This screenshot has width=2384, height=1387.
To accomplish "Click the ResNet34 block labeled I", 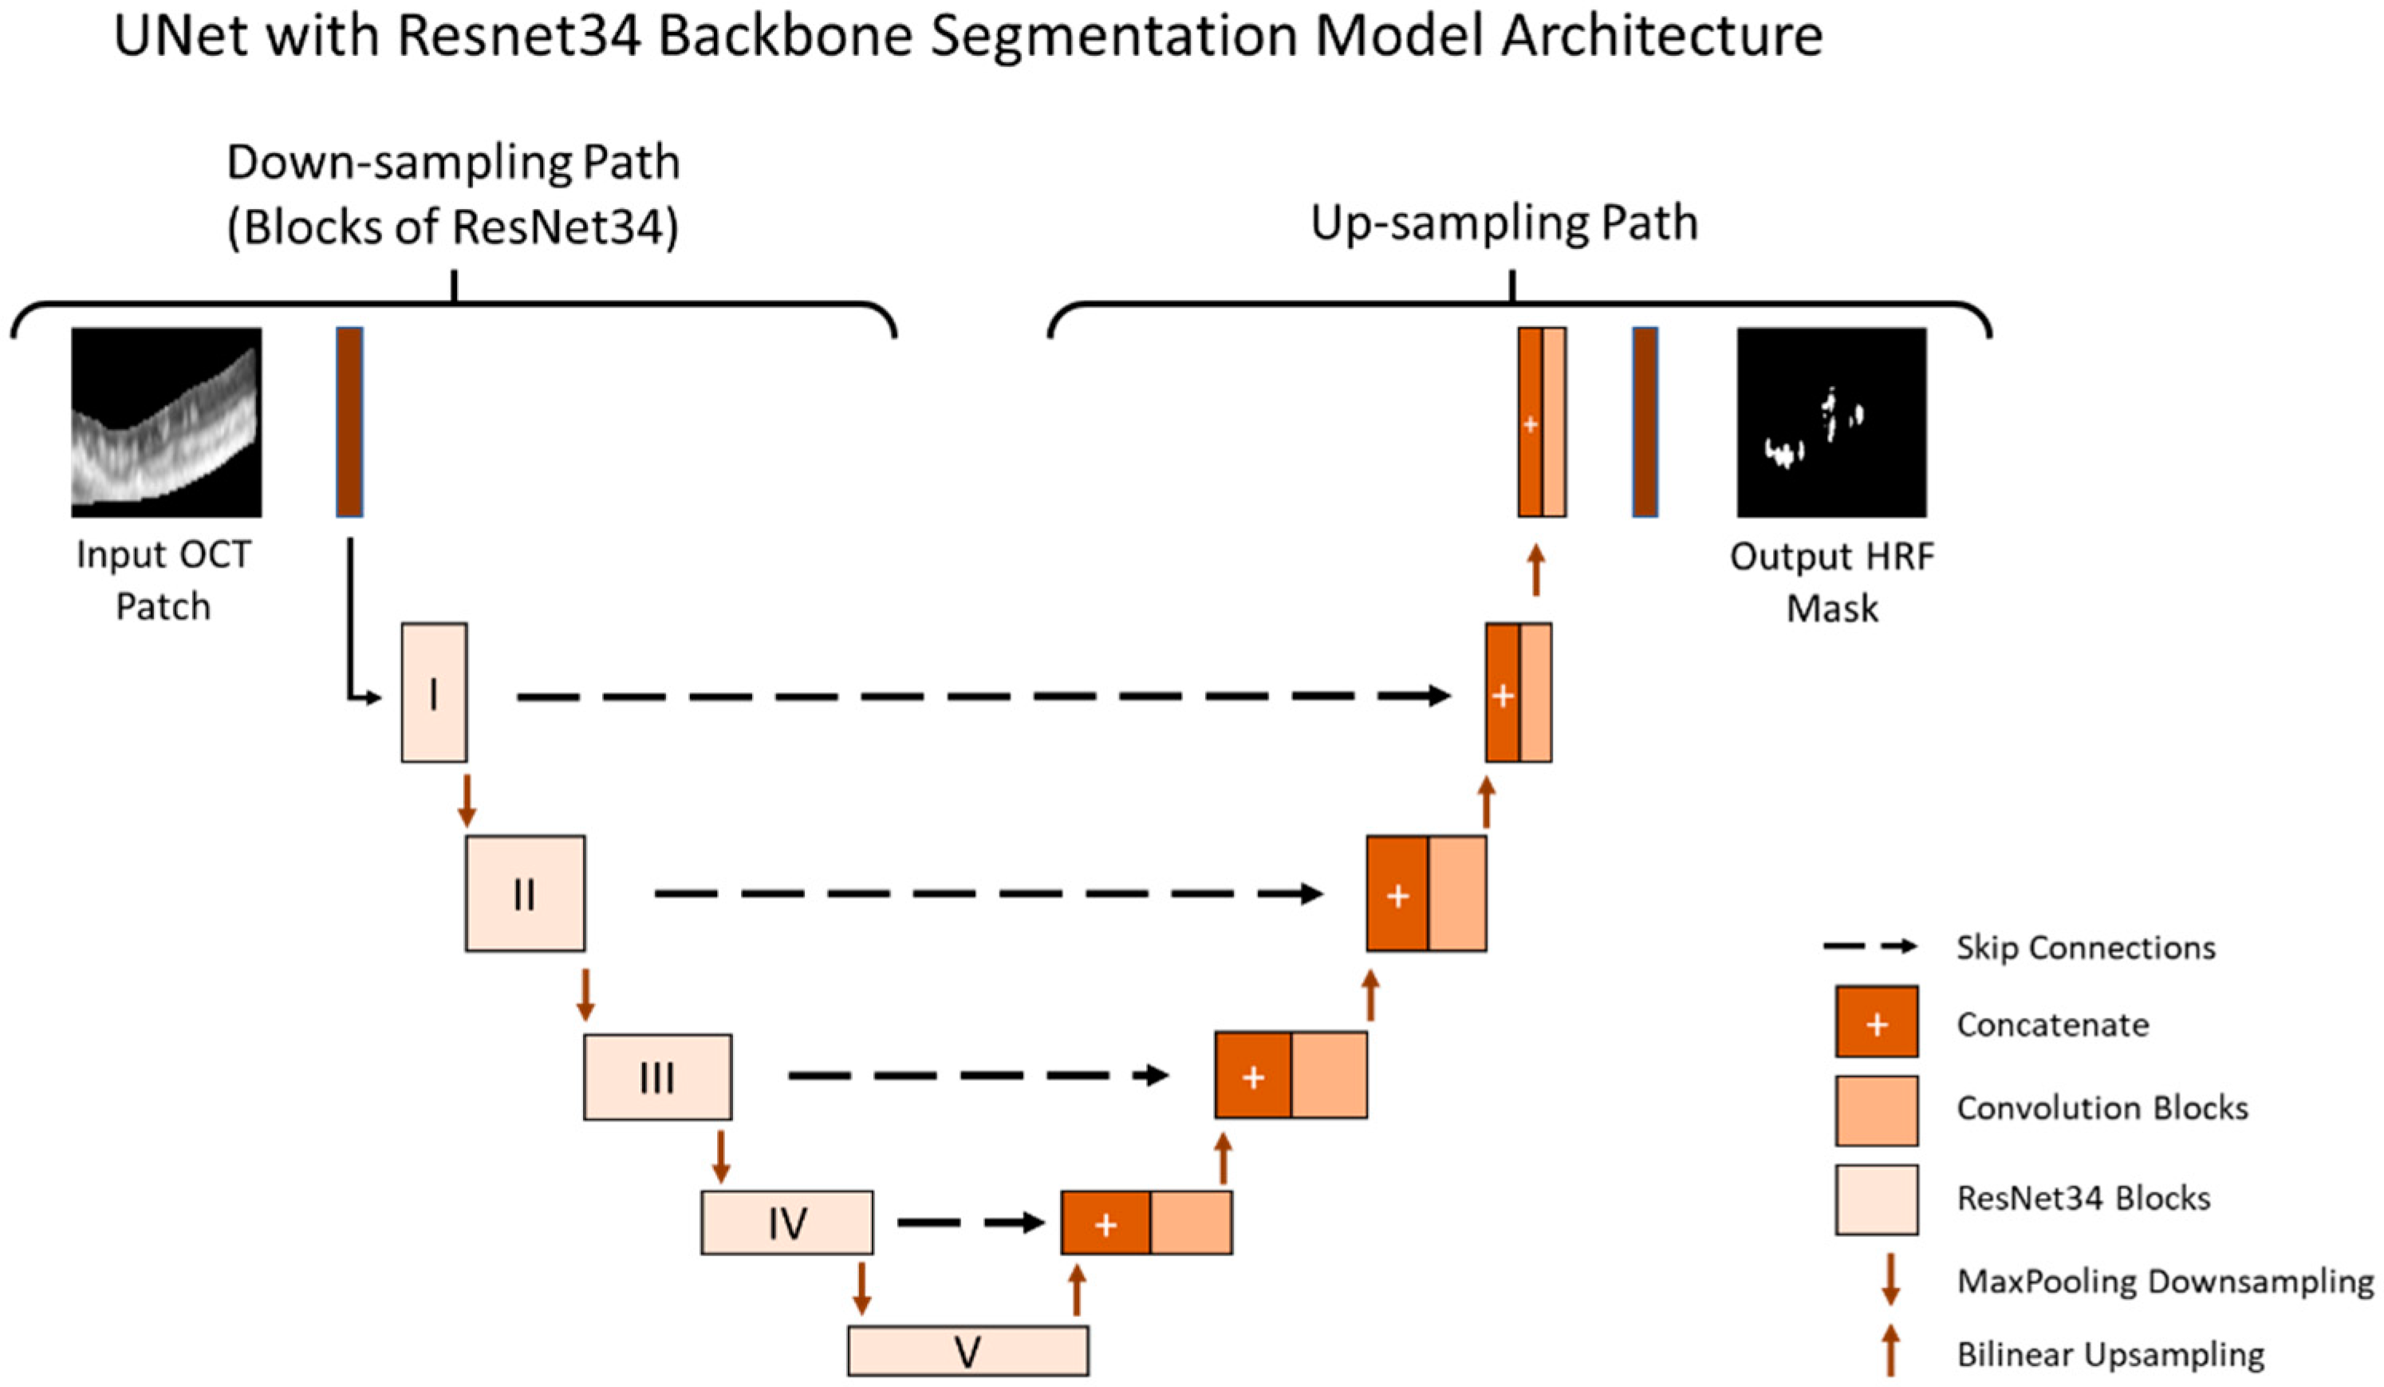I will coord(433,692).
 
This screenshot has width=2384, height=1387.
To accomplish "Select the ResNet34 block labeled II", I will coord(524,893).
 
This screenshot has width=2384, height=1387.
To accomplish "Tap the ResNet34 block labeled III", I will coord(656,1077).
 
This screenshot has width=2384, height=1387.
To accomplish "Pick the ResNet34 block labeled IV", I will coord(786,1223).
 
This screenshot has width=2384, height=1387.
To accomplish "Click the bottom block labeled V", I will coord(967,1351).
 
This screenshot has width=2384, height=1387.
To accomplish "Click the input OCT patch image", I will coord(167,422).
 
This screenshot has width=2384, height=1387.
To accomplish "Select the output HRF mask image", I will coord(1830,422).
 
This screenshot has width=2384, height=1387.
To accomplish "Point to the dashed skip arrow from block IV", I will coord(970,1223).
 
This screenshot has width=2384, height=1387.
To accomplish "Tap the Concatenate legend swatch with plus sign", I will coord(1876,1023).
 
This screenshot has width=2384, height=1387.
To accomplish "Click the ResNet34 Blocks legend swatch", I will coord(1876,1200).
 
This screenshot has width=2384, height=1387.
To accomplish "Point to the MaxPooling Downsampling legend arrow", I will coord(1890,1279).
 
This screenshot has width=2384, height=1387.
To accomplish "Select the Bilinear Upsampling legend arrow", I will coord(1890,1350).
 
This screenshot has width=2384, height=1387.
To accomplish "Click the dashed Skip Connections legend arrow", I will coord(1870,946).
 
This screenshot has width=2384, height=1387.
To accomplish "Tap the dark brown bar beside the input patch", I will coord(349,422).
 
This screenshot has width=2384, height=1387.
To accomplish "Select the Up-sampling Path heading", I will coord(1503,223).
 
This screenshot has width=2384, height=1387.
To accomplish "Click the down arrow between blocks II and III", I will coord(585,994).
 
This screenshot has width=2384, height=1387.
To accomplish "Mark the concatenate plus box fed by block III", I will coord(1252,1077).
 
